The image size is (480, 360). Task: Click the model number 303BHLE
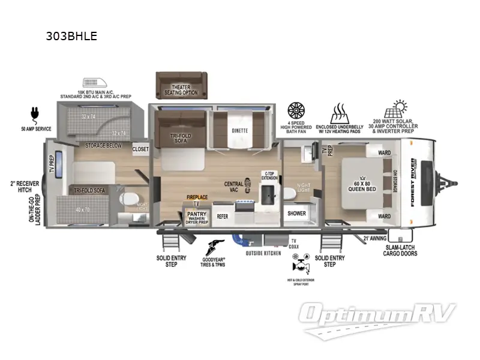[x=71, y=36]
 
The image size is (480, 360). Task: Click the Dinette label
[x=239, y=131]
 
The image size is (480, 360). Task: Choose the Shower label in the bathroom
[x=296, y=213]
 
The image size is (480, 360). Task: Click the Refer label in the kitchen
[x=223, y=215]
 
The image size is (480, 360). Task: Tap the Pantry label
[x=197, y=213]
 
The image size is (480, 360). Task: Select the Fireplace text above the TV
[x=197, y=197]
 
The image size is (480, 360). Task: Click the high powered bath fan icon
[x=296, y=111]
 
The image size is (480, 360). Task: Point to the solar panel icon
[x=397, y=109]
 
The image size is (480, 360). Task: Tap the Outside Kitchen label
[x=263, y=253]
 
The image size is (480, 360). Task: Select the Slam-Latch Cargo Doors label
[x=400, y=250]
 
